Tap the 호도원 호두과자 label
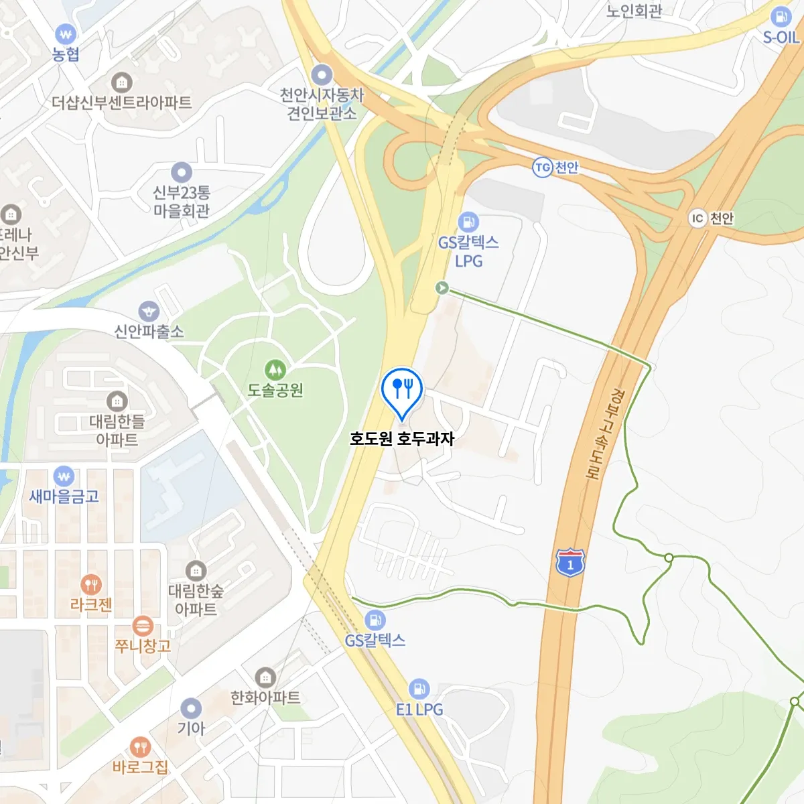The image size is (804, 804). pos(402,439)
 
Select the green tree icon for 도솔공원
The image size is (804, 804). pos(275,369)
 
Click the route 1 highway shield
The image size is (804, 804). pos(570,562)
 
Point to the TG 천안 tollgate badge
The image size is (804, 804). pos(542,167)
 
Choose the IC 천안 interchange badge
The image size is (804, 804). pos(697,218)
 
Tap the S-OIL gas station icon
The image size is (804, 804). pos(781,17)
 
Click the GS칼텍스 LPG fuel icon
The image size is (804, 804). pos(468,221)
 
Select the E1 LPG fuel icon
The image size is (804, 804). pos(419,688)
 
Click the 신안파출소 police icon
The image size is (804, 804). pos(148,311)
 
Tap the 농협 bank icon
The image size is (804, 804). pos(65,33)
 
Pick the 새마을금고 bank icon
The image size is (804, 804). pos(64,476)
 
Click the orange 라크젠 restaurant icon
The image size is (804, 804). pos(90,584)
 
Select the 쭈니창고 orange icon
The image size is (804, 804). pos(142,626)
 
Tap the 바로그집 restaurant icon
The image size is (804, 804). pos(140,746)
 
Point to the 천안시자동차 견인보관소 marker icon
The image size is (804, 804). pos(322,74)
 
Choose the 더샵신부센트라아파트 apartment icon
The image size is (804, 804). pos(121,82)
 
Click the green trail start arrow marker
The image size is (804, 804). pos(442,287)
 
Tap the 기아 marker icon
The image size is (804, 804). pos(191,708)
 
